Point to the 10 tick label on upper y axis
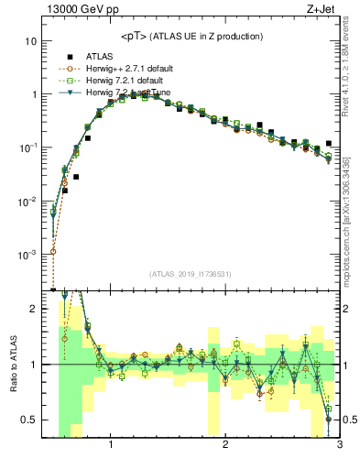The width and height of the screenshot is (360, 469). pyautogui.click(x=30, y=41)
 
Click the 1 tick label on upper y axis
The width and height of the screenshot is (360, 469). pyautogui.click(x=33, y=94)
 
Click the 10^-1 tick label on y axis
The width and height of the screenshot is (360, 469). pyautogui.click(x=27, y=147)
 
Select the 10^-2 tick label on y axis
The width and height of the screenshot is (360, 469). pyautogui.click(x=27, y=200)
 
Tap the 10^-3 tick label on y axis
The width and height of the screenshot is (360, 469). pyautogui.click(x=27, y=253)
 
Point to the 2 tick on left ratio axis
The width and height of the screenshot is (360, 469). pyautogui.click(x=33, y=309)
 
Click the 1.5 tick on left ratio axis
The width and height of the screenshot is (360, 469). pyautogui.click(x=30, y=336)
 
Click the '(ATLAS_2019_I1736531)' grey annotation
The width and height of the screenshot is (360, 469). pyautogui.click(x=190, y=274)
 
